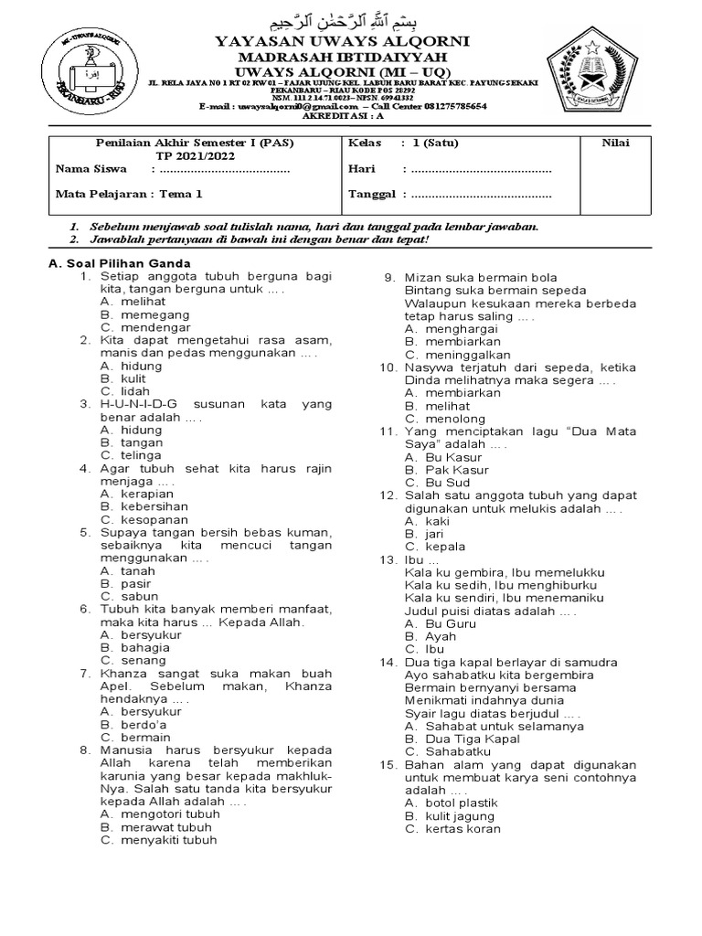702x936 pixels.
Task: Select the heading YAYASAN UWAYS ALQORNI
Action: (x=342, y=41)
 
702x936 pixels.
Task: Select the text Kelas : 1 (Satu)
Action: (x=403, y=144)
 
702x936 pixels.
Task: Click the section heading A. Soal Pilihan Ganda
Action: (x=119, y=263)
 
